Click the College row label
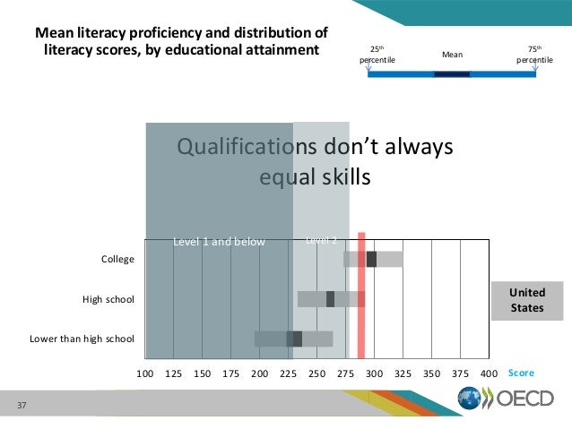click(x=117, y=260)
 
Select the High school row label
click(x=108, y=299)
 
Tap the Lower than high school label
click(x=82, y=339)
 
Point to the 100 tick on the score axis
click(x=144, y=373)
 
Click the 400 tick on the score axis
click(x=489, y=373)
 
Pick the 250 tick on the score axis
click(x=316, y=373)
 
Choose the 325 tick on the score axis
click(x=403, y=373)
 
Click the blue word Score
click(x=521, y=373)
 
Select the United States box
click(x=527, y=300)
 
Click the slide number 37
click(x=22, y=408)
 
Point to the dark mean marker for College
click(x=371, y=259)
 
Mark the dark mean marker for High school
click(x=330, y=299)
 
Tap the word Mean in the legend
click(x=452, y=55)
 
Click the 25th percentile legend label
click(x=377, y=54)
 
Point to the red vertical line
click(x=361, y=296)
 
